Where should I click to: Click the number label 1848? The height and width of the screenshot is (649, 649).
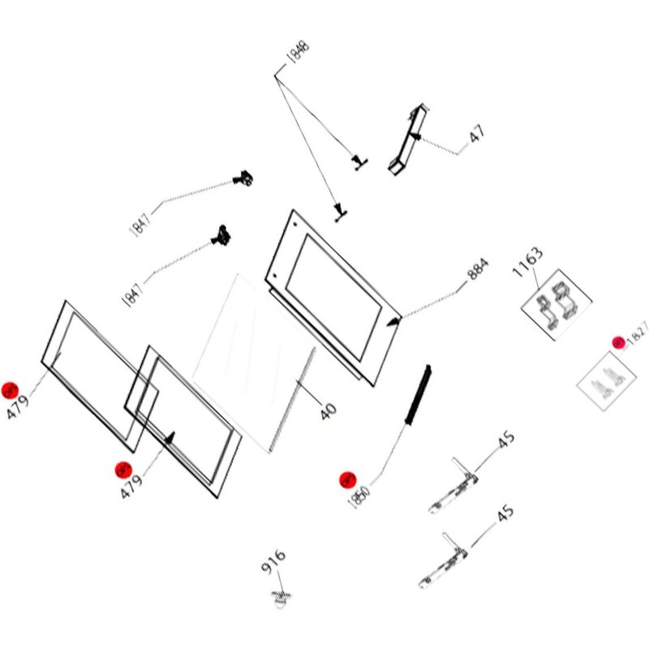(298, 55)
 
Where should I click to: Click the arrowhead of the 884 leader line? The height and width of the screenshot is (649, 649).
(395, 321)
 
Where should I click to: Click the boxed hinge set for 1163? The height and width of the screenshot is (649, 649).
(556, 306)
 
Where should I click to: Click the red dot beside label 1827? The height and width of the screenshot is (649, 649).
(618, 343)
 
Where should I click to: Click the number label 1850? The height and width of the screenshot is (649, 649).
(360, 492)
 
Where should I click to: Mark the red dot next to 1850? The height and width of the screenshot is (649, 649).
(347, 479)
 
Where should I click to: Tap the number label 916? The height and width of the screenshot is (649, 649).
(273, 562)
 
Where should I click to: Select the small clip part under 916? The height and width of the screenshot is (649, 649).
(282, 599)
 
